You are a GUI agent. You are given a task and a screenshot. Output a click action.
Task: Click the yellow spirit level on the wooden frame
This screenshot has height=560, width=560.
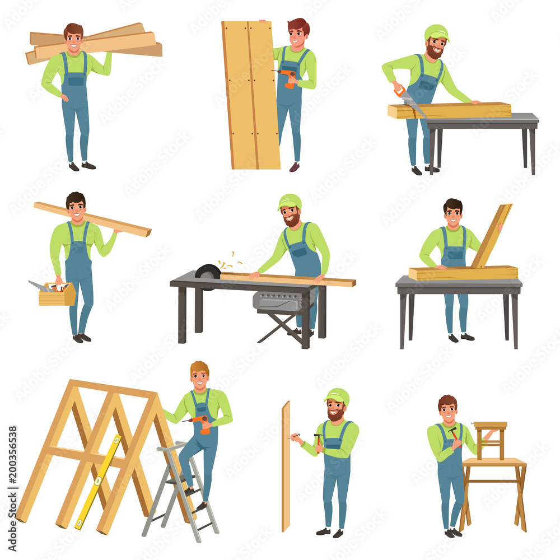coord(98,482)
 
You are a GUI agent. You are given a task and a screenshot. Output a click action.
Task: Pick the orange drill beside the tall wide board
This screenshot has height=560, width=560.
coord(288,77)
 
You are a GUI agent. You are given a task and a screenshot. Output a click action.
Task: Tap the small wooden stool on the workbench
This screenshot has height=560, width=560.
coord(490,440)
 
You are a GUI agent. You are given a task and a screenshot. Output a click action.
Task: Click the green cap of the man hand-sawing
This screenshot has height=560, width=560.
coord(436,32)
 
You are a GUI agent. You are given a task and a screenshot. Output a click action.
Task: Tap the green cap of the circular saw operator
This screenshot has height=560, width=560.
coord(290,201)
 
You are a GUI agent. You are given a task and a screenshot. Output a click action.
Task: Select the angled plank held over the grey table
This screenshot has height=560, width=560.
coord(491,235)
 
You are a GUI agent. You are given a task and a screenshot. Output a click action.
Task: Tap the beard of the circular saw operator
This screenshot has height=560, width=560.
coord(291,220)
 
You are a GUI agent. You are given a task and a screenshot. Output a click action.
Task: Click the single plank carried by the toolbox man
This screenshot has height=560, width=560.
coord(92,219)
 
